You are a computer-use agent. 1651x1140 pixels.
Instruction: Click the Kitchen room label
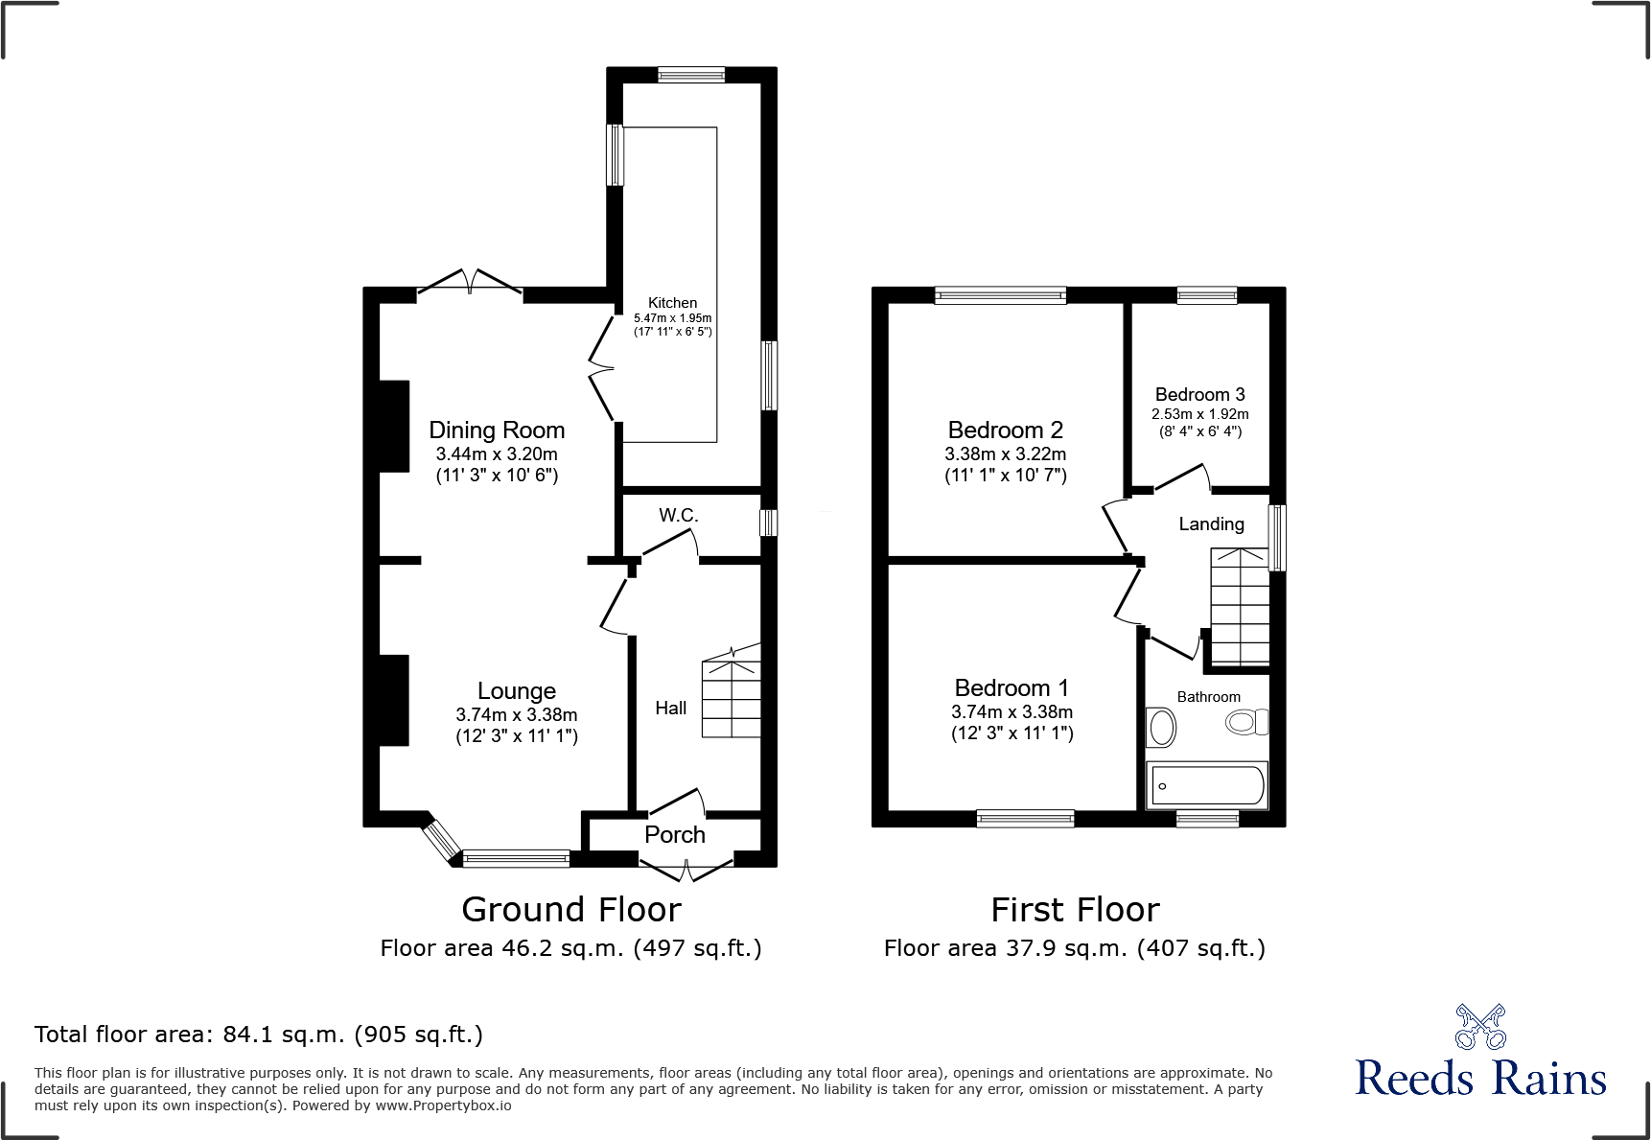tap(672, 303)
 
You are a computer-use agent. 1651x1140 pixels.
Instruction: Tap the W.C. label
tap(678, 516)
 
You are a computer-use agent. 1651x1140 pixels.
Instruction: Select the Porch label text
tap(674, 835)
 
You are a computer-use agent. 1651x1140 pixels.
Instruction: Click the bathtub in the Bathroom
tap(1207, 785)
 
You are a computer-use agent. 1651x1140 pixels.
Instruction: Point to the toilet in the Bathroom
tap(1246, 722)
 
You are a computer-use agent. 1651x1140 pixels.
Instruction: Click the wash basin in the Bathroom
tap(1162, 728)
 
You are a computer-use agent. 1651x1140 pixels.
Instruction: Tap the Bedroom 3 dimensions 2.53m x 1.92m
tap(1199, 414)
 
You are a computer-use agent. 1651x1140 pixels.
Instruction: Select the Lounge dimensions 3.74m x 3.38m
tap(516, 715)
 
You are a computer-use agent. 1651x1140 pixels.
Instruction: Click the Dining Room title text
tap(496, 430)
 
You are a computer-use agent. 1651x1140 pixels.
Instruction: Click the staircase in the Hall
tap(732, 698)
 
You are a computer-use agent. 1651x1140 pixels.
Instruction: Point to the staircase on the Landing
tap(1240, 607)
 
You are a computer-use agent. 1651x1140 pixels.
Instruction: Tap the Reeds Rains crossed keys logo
tap(1480, 1027)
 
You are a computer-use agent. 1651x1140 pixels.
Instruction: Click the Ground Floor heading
tap(571, 910)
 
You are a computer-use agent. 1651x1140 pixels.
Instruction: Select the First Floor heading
tap(1075, 910)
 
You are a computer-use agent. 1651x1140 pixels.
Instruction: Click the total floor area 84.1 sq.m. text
tap(258, 1035)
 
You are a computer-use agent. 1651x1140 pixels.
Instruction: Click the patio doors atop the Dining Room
tap(470, 285)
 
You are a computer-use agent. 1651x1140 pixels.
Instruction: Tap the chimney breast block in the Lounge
tap(394, 700)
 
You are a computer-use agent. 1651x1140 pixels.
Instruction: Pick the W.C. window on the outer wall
tap(768, 523)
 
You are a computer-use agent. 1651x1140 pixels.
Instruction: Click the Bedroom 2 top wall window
tap(1000, 295)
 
